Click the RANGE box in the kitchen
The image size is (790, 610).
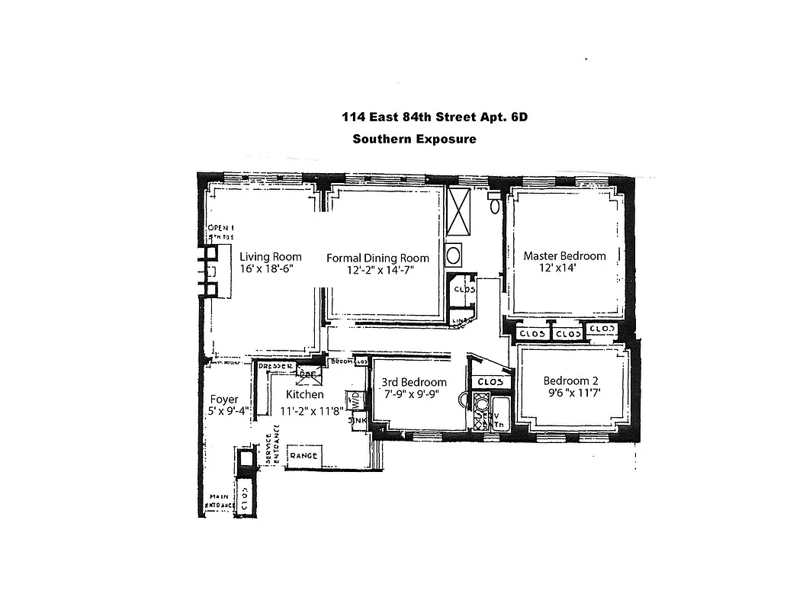[303, 456]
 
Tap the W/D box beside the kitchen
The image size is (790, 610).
[355, 400]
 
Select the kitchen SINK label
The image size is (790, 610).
[356, 419]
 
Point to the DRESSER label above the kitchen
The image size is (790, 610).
[276, 367]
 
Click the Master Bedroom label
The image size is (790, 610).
[564, 256]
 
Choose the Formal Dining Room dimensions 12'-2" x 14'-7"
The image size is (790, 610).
[377, 271]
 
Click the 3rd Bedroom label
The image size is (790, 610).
[414, 382]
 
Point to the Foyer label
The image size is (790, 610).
[223, 399]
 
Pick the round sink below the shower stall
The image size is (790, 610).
[454, 255]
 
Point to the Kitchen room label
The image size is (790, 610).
[304, 394]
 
